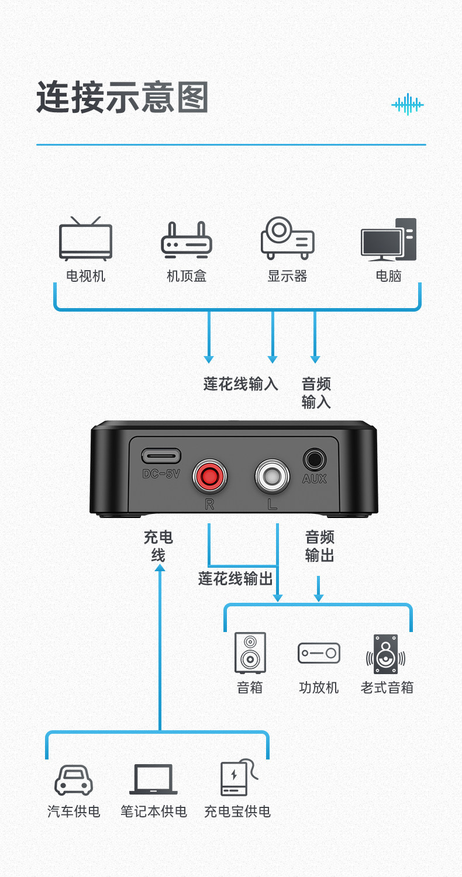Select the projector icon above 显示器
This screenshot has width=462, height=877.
287,238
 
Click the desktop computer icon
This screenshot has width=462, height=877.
388,239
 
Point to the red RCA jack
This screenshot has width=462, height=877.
209,476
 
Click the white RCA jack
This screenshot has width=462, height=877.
272,476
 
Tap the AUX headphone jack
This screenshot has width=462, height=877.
315,459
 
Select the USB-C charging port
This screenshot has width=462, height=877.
161,456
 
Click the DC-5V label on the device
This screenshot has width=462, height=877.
161,474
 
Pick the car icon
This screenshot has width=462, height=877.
74,780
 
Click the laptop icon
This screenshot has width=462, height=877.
153,779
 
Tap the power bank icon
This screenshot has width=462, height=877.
239,778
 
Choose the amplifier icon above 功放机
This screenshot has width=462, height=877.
319,652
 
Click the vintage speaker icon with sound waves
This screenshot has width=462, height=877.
385,654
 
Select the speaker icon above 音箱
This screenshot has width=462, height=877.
250,652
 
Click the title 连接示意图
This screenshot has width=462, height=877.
122,97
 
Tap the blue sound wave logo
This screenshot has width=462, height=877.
408,104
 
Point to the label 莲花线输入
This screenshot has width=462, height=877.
241,384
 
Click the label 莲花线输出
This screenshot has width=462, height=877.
235,578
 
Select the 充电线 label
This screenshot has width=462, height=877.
158,546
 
